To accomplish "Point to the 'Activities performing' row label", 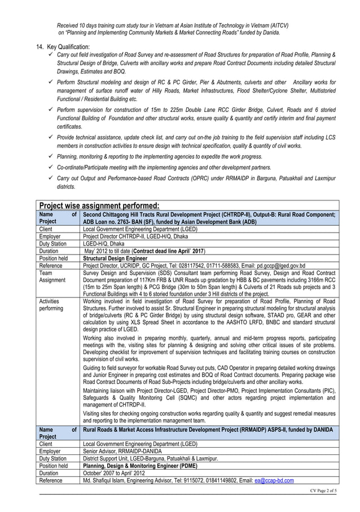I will [x=51, y=305].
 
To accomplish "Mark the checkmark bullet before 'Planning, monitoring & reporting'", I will [x=52, y=156].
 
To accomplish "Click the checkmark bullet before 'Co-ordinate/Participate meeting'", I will [x=52, y=168].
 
